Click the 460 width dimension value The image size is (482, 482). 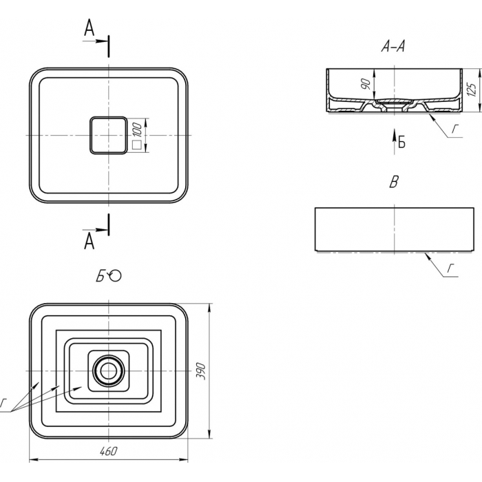coord(109,451)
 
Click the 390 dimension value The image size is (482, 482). coord(200,371)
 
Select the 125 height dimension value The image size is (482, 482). coord(472,90)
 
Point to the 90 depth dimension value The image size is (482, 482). coord(366,84)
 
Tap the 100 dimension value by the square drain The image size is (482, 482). coord(138,129)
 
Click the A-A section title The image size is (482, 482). coord(393,46)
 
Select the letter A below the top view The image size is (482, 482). coord(89,241)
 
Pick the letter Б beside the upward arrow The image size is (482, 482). coord(401,142)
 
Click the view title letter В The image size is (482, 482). coord(394,182)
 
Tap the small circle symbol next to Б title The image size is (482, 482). coord(116,275)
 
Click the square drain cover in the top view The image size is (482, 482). coord(108,135)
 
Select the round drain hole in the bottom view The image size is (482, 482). coord(108,371)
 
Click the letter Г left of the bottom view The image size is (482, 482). coord(3,403)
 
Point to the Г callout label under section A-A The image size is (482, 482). coord(455,129)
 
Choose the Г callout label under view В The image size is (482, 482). coord(450,269)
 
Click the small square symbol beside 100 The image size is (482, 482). coord(136,145)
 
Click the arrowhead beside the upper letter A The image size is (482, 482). coord(101,41)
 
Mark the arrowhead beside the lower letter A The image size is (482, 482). coord(101,229)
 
